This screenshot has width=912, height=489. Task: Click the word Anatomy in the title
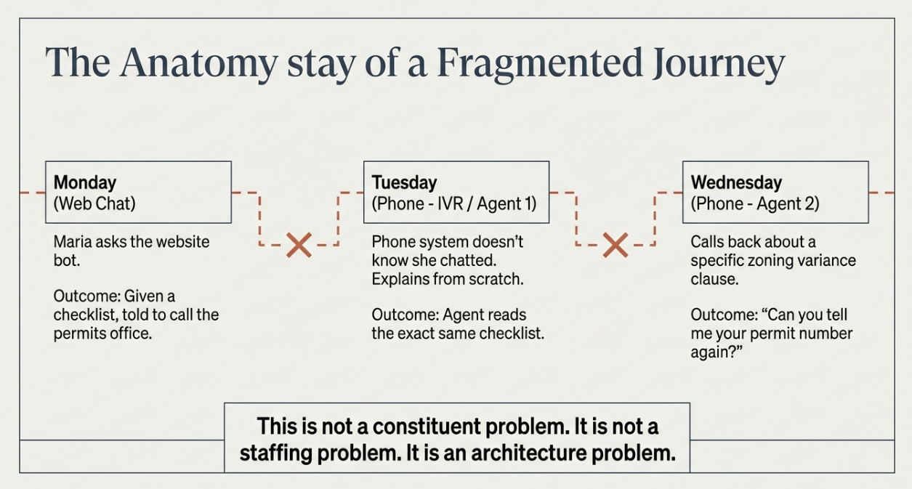tap(198, 63)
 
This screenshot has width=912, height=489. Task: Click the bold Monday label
tap(85, 182)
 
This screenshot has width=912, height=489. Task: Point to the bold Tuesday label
tap(404, 182)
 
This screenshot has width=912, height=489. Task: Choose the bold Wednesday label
tap(736, 182)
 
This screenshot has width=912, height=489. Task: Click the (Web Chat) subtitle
tap(94, 203)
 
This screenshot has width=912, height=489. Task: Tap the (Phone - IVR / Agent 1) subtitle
tap(454, 203)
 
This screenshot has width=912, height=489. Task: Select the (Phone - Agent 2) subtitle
tap(755, 203)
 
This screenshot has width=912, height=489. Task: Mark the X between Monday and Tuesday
tap(299, 246)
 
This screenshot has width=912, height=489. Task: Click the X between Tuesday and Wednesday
tap(616, 246)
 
